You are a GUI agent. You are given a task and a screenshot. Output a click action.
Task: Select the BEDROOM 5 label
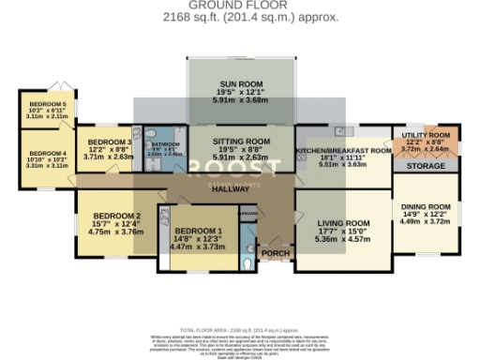click(x=47, y=103)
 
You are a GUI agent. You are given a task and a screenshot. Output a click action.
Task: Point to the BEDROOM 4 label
click(x=47, y=153)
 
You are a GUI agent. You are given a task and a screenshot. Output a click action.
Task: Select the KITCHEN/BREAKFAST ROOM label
click(x=342, y=150)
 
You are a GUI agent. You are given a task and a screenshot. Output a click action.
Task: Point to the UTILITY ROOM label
click(x=426, y=135)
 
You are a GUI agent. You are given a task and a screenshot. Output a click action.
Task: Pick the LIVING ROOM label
click(x=344, y=223)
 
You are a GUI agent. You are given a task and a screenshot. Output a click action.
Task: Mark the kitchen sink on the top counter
click(x=345, y=129)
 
